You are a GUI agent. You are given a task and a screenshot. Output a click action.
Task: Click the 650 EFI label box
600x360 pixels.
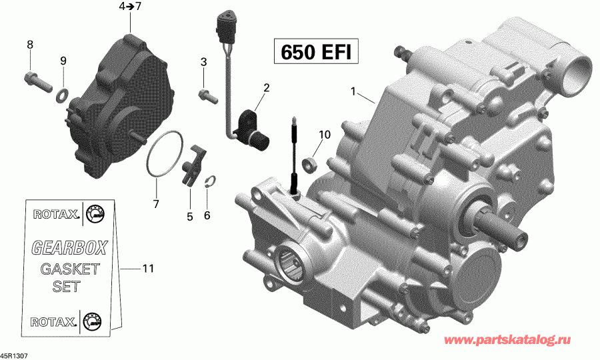tap(312, 51)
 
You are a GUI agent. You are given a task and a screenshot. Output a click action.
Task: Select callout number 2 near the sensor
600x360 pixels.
tap(266, 87)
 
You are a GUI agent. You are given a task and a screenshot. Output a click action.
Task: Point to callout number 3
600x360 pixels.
tap(203, 62)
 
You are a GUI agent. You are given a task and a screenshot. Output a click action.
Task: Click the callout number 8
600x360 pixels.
tap(29, 45)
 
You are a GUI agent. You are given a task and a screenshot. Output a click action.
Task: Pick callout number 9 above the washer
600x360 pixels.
tap(63, 61)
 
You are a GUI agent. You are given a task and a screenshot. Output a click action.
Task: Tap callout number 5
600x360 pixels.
tap(189, 216)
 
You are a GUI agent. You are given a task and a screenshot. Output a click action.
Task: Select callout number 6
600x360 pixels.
tap(207, 215)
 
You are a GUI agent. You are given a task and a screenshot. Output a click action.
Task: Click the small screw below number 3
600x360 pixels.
tap(207, 96)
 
